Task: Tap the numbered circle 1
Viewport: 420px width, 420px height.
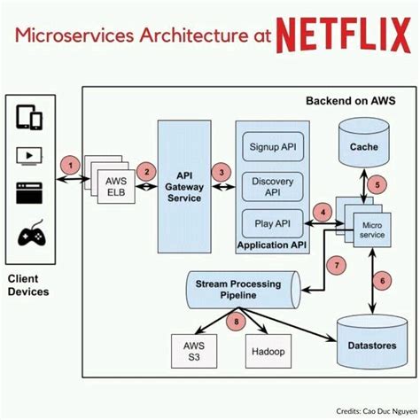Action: [x=66, y=164]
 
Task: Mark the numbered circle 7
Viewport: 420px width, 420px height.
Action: [x=336, y=264]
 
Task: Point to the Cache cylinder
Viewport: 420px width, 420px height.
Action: [x=363, y=144]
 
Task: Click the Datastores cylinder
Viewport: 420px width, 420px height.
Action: [x=370, y=340]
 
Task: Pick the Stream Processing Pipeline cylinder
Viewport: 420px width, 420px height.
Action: [x=239, y=289]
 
